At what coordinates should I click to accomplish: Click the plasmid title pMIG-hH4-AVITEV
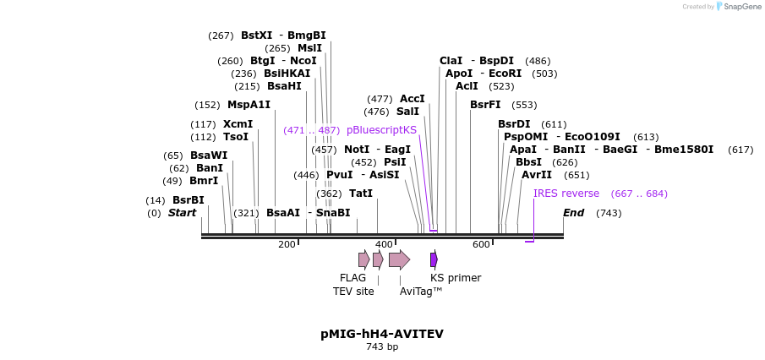[381, 334]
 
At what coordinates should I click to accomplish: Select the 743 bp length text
[381, 346]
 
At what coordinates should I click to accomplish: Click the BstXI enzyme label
[256, 35]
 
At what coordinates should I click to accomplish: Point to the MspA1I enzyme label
[249, 105]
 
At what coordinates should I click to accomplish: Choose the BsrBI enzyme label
[189, 200]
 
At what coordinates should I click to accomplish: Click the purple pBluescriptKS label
[381, 130]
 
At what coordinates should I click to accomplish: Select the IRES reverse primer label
[566, 194]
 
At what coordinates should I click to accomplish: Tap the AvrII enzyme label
[536, 175]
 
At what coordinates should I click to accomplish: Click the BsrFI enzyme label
[485, 105]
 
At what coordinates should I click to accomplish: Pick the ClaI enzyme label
[451, 61]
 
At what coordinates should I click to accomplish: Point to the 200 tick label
[287, 244]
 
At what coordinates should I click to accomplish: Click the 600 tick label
[481, 244]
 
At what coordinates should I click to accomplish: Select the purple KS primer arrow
[434, 259]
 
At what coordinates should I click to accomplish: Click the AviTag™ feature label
[421, 292]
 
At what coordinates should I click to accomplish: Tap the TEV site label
[353, 292]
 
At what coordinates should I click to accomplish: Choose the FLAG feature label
[352, 278]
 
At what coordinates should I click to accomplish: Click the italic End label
[573, 213]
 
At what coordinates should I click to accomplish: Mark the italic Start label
[182, 213]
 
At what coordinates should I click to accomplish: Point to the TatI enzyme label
[361, 194]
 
